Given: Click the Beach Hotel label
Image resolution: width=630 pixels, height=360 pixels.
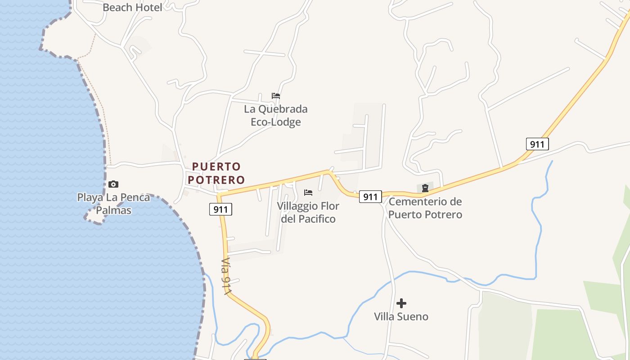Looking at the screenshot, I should point(132,7).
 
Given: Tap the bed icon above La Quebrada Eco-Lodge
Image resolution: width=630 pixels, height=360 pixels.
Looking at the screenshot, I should point(276,96).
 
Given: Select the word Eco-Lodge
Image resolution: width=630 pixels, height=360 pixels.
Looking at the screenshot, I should point(275,122).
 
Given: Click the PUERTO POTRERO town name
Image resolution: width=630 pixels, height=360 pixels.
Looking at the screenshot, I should point(216,173).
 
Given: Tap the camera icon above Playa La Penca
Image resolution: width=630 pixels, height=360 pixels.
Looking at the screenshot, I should point(113,184).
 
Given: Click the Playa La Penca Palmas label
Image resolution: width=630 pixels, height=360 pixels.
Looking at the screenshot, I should point(113,203).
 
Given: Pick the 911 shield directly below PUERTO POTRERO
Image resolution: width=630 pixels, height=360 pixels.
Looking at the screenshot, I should point(220,209).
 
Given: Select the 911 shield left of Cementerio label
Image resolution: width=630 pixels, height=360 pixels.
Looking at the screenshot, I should point(370,197).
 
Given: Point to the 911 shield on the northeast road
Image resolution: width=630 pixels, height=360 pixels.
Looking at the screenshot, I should point(537,144).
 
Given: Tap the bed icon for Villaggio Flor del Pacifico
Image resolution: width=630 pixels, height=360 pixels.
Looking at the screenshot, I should point(308,193).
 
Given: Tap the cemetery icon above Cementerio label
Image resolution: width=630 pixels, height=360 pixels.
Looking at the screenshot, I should point(425,188).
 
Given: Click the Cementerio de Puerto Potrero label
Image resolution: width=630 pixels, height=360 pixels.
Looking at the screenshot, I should point(425,208).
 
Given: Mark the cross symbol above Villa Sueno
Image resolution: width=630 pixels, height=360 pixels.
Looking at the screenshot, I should point(401,303).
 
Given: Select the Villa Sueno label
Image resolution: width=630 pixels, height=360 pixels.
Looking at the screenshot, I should point(401,317).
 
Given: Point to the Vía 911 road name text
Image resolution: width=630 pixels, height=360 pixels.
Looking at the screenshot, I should point(226,276).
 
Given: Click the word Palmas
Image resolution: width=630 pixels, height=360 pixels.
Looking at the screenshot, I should point(113,210).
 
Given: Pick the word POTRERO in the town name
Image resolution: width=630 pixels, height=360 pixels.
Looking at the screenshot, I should point(216,180).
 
